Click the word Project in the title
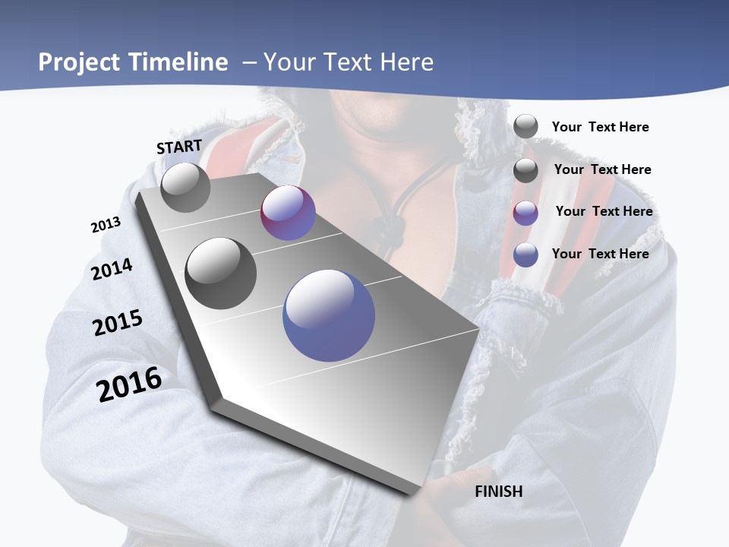(x=76, y=62)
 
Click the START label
(x=179, y=147)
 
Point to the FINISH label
(x=498, y=492)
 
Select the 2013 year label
(x=106, y=225)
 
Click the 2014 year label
(x=112, y=270)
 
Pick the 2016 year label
(x=129, y=384)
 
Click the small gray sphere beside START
(x=185, y=188)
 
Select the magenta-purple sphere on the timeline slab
(x=288, y=213)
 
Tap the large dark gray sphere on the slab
(x=221, y=273)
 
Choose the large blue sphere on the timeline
(x=329, y=315)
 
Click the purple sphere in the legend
(x=525, y=213)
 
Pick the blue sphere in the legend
(x=525, y=255)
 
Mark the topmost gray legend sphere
(x=525, y=126)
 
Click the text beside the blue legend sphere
(x=600, y=254)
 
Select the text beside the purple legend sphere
(x=604, y=211)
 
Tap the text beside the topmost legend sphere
(x=600, y=127)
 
